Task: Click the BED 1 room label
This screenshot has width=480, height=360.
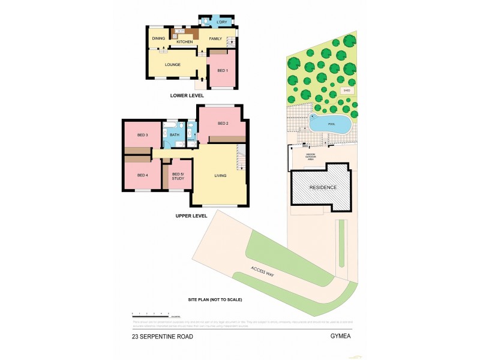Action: click(x=223, y=71)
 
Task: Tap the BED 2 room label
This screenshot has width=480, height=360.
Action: click(x=223, y=124)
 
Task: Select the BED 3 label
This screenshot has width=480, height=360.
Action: click(x=142, y=134)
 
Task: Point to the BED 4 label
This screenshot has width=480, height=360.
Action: click(x=142, y=175)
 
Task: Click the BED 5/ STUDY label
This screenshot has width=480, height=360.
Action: click(x=178, y=176)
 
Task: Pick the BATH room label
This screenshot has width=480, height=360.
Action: click(x=175, y=134)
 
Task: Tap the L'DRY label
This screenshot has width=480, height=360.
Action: click(x=222, y=22)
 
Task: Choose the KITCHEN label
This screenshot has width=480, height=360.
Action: click(x=185, y=42)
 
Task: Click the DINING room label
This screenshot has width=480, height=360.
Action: click(x=158, y=38)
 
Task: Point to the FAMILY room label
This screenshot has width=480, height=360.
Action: click(x=215, y=38)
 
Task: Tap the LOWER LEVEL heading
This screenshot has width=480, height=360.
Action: click(x=187, y=95)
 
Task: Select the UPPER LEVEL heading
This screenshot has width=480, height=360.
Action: click(x=191, y=215)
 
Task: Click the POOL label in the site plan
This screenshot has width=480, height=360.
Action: click(x=332, y=125)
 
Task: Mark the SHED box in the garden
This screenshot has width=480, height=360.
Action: click(x=346, y=91)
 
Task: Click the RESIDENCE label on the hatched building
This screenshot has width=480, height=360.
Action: click(x=323, y=188)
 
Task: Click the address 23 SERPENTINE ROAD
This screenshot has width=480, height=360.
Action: click(x=163, y=337)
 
